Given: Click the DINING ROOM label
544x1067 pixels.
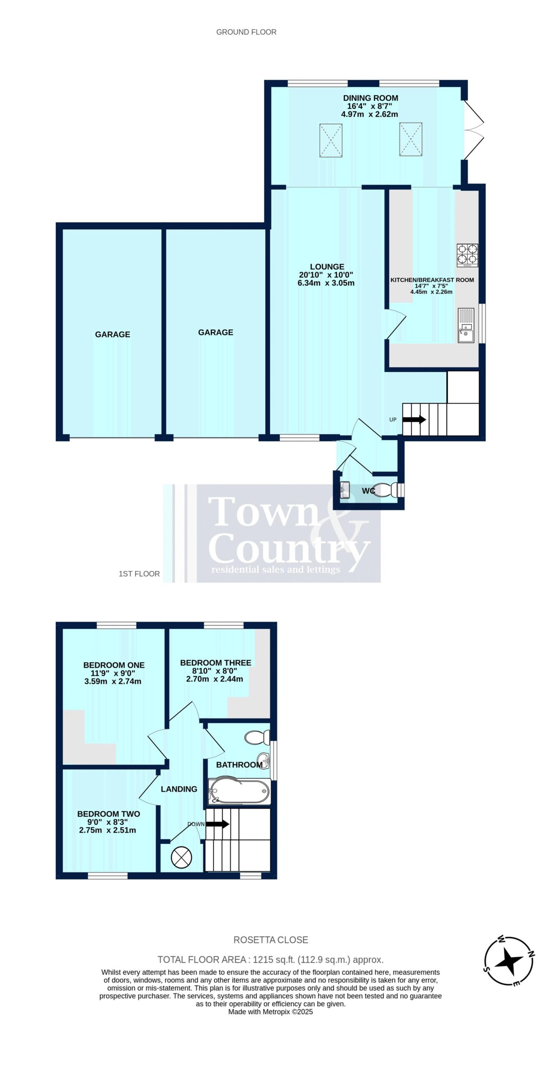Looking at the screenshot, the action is tap(370, 98).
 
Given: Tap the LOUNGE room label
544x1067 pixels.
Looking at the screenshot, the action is tap(327, 267).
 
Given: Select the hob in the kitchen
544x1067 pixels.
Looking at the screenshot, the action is tap(467, 255).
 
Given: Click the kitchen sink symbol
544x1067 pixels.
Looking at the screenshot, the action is tap(466, 325).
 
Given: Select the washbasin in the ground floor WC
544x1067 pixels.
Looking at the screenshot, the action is tap(345, 490).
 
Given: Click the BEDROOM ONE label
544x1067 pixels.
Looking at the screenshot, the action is tap(114, 665).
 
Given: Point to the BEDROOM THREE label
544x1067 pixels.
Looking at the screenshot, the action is tap(216, 663).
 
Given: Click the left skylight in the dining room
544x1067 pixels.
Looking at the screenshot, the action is tap(331, 140).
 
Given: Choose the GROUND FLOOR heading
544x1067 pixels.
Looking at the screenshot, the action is tap(246, 32).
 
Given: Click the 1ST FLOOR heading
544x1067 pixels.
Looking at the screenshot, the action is tap(139, 574).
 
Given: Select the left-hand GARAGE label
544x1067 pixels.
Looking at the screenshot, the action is tap(113, 334).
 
